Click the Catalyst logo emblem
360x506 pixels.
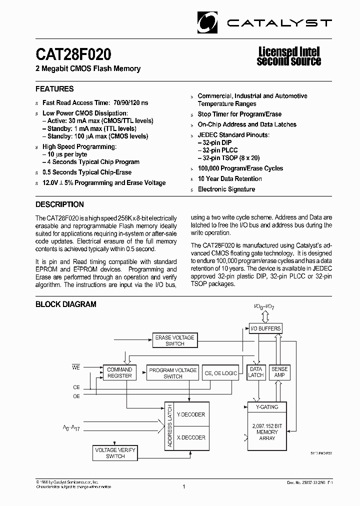tap(209, 21)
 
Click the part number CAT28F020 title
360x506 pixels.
tap(73, 54)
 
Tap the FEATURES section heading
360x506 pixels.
tap(54, 89)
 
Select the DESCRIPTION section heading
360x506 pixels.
tap(59, 204)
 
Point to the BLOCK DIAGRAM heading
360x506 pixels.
tap(65, 304)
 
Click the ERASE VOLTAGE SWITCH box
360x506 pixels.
tap(174, 341)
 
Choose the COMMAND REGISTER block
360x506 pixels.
tap(119, 373)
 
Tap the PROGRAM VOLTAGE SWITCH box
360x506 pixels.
tap(173, 373)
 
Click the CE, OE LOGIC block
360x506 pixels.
tap(221, 373)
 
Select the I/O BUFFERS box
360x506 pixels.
tap(265, 328)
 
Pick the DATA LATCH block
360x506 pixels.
tap(255, 372)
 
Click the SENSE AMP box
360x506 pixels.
tap(279, 372)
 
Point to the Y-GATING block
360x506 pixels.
tap(267, 407)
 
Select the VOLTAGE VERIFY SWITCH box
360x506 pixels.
tap(115, 453)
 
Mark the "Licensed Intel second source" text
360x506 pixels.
tap(288, 56)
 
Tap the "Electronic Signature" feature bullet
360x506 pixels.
tap(226, 189)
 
